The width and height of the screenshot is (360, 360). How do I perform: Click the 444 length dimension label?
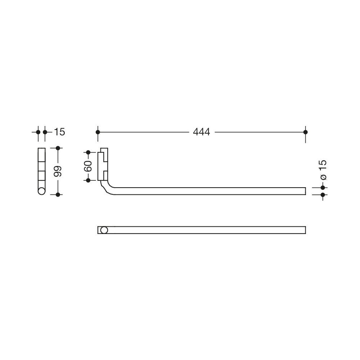201,132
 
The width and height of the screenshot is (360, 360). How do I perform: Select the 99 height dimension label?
58,171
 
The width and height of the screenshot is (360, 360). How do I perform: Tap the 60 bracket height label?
88,166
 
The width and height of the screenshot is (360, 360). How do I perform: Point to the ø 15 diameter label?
323,170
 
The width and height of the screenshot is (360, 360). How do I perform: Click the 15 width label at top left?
59,132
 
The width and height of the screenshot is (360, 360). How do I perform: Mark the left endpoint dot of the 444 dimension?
98,132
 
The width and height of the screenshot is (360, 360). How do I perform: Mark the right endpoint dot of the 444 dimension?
305,132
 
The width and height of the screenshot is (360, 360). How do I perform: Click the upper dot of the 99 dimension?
58,148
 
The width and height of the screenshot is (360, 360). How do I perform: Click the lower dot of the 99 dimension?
58,195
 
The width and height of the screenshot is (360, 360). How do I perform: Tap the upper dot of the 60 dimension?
88,152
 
